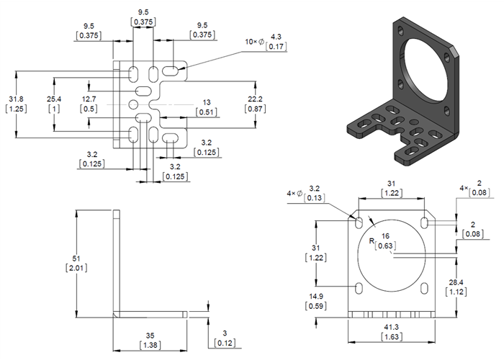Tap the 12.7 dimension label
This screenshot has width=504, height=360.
point(89,99)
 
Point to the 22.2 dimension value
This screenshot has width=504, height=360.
point(256,99)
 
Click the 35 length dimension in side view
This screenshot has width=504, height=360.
point(150,335)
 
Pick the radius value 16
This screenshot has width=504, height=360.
point(387,235)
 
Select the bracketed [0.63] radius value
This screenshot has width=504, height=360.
point(387,246)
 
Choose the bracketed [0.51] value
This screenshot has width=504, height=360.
point(207,112)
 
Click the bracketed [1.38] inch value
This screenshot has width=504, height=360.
point(150,346)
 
